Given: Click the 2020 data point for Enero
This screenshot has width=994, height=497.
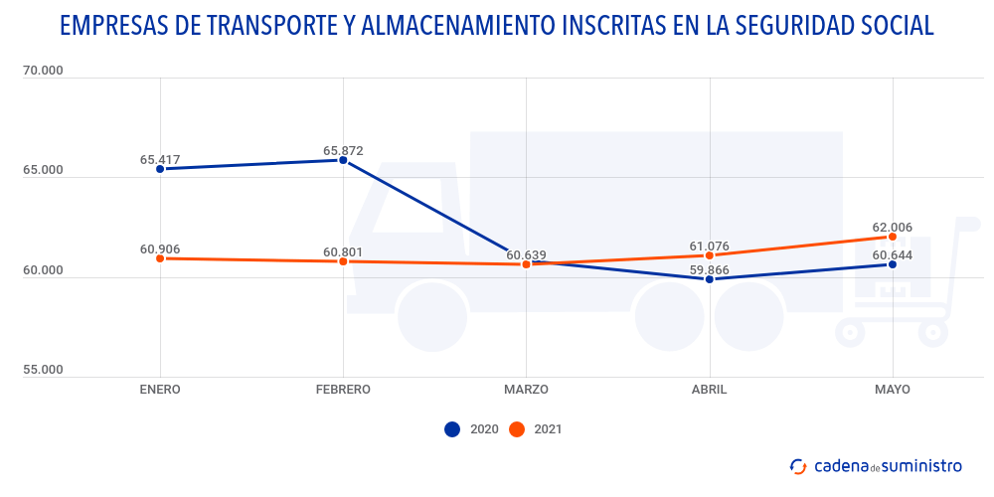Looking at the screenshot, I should coord(160,169).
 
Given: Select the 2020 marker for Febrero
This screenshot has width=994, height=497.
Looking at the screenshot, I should coord(343,160).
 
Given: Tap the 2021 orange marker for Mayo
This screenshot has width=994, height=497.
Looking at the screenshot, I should coord(893,237).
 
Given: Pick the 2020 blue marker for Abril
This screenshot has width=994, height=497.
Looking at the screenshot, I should coord(710,279).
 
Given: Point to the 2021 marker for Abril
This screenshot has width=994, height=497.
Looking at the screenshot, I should coord(710,255).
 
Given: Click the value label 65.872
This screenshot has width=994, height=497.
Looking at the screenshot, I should coord(343,151).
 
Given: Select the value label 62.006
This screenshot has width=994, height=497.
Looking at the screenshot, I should coord(893,228).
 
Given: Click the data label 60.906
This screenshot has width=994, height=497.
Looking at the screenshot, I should coord(160,248).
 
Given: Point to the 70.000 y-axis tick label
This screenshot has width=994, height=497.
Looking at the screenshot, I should coord(42,71).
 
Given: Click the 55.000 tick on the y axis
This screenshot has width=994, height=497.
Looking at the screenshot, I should coord(42,370).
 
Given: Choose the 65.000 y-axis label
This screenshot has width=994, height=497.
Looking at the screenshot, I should coord(42,170).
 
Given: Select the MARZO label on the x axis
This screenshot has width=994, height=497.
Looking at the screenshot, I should coord(526,390).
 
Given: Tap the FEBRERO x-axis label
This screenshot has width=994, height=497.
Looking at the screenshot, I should coord(343,390).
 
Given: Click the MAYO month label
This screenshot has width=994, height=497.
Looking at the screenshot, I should coord(893,390).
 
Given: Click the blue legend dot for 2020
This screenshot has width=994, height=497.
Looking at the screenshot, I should coord(452,429).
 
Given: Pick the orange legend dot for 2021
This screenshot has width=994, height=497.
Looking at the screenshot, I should coord(516,429).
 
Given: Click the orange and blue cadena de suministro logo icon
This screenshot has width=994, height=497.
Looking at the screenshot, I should coord(798,465).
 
